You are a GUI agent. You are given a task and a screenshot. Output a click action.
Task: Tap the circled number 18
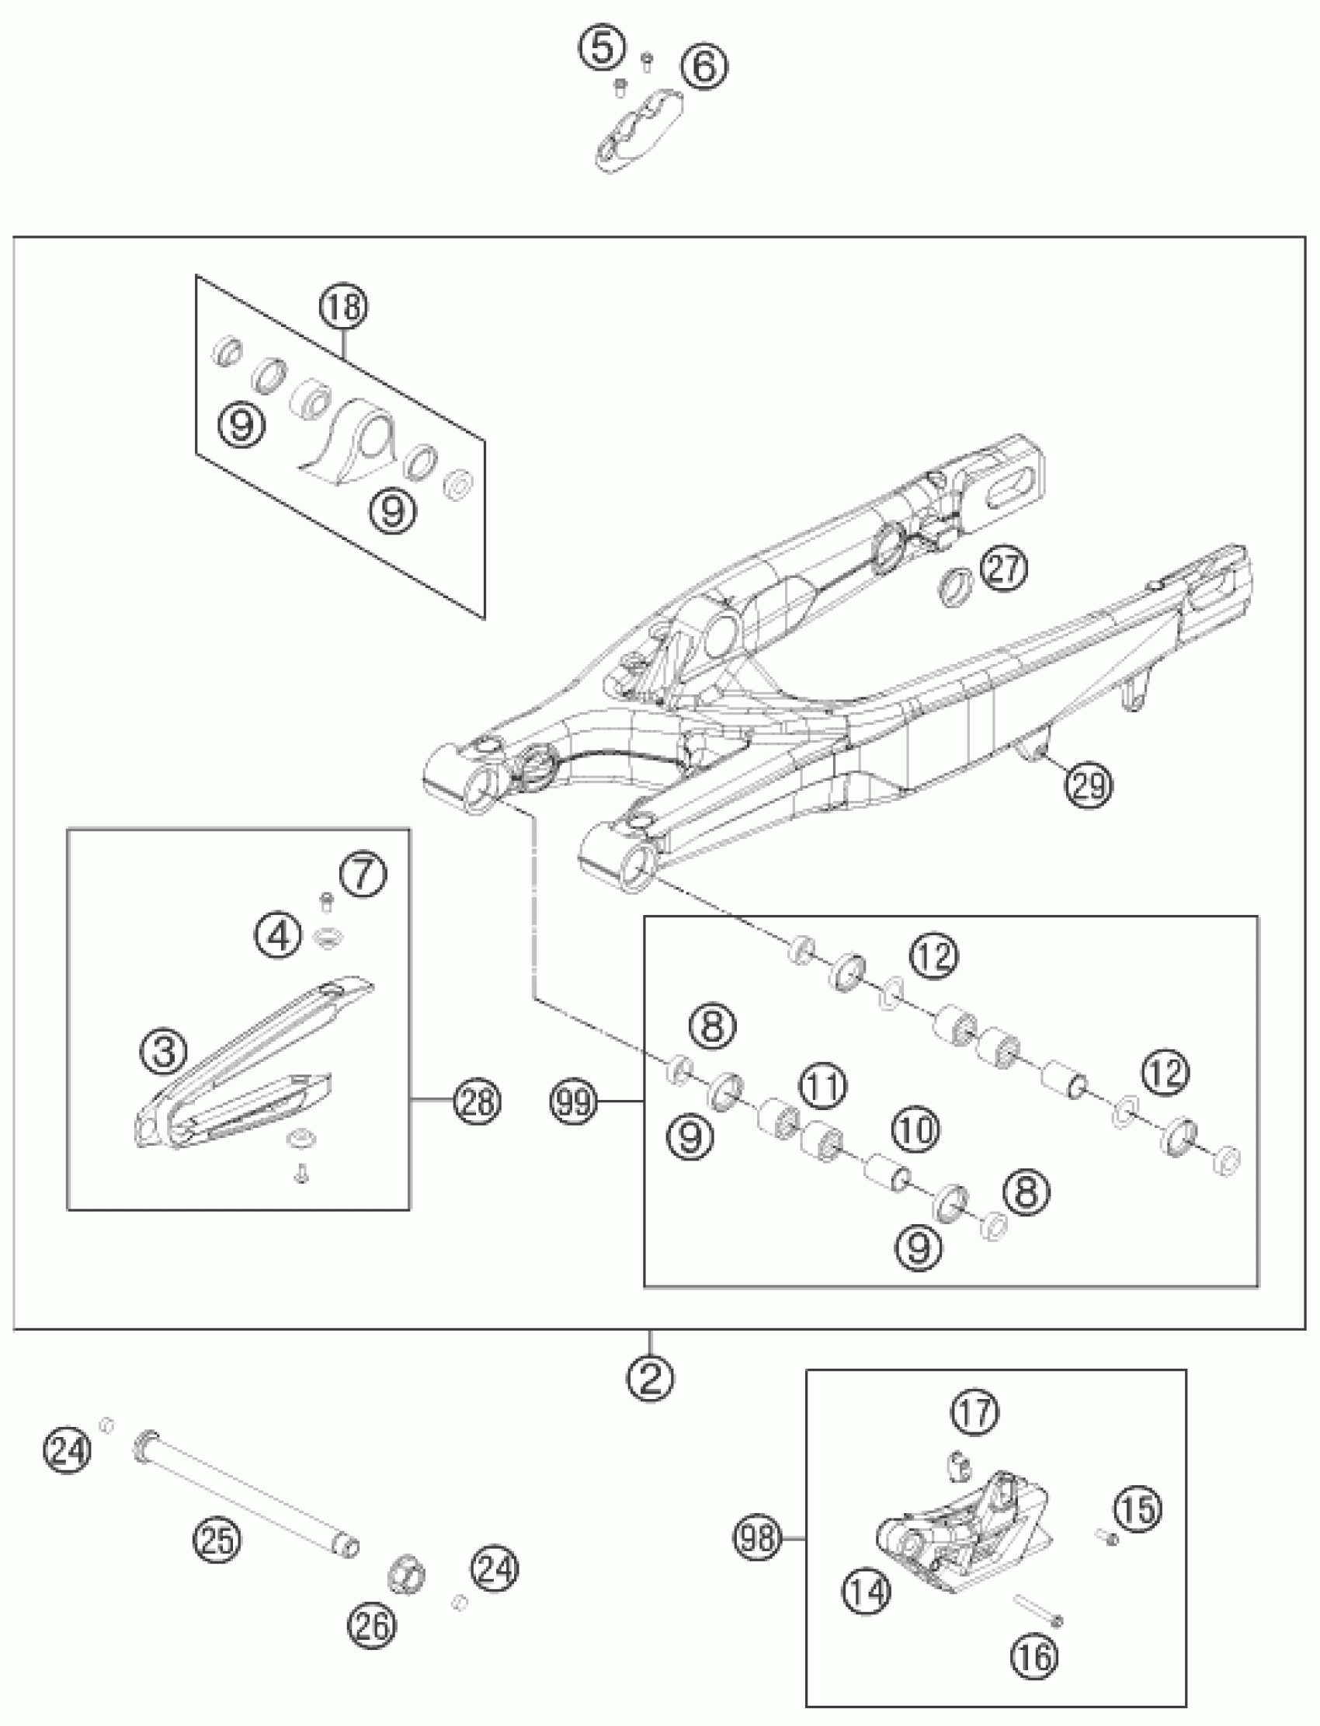[x=344, y=307]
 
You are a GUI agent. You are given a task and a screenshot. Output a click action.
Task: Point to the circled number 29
[x=1089, y=783]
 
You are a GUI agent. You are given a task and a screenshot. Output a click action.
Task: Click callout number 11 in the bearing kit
[x=822, y=1086]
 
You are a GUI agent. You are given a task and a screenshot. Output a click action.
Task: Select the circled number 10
[x=915, y=1130]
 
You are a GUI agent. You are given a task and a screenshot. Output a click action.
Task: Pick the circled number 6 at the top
[x=704, y=66]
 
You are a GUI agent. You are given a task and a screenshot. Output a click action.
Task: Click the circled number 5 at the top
[x=603, y=49]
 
